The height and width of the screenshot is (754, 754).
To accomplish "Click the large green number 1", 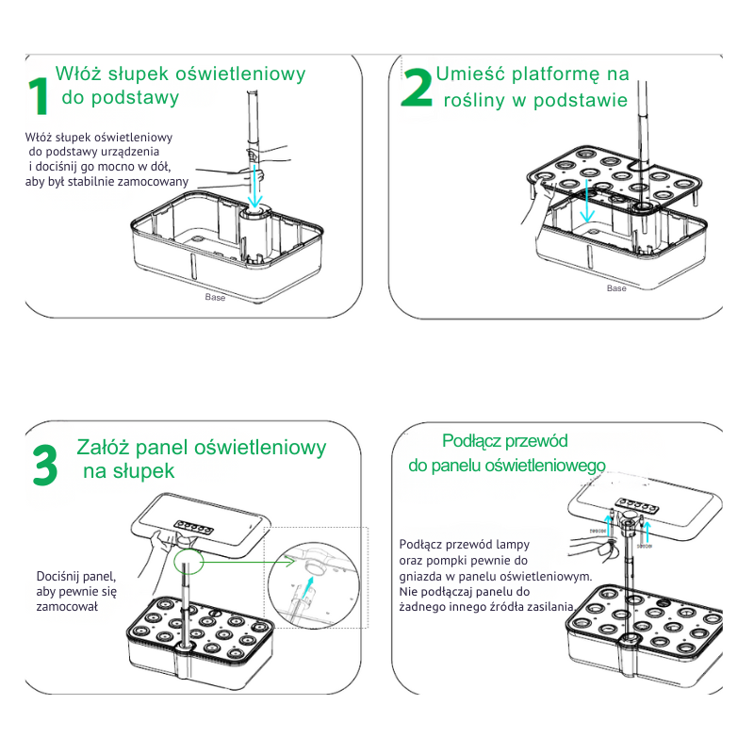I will (x=38, y=97).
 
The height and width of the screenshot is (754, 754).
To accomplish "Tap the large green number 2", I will (x=417, y=89).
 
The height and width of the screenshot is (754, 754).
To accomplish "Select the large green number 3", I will (x=44, y=464).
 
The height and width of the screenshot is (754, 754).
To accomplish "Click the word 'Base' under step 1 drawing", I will (x=215, y=297).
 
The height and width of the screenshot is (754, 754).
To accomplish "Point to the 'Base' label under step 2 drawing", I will (x=616, y=288).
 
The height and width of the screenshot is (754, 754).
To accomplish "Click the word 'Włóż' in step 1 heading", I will (x=78, y=74).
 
